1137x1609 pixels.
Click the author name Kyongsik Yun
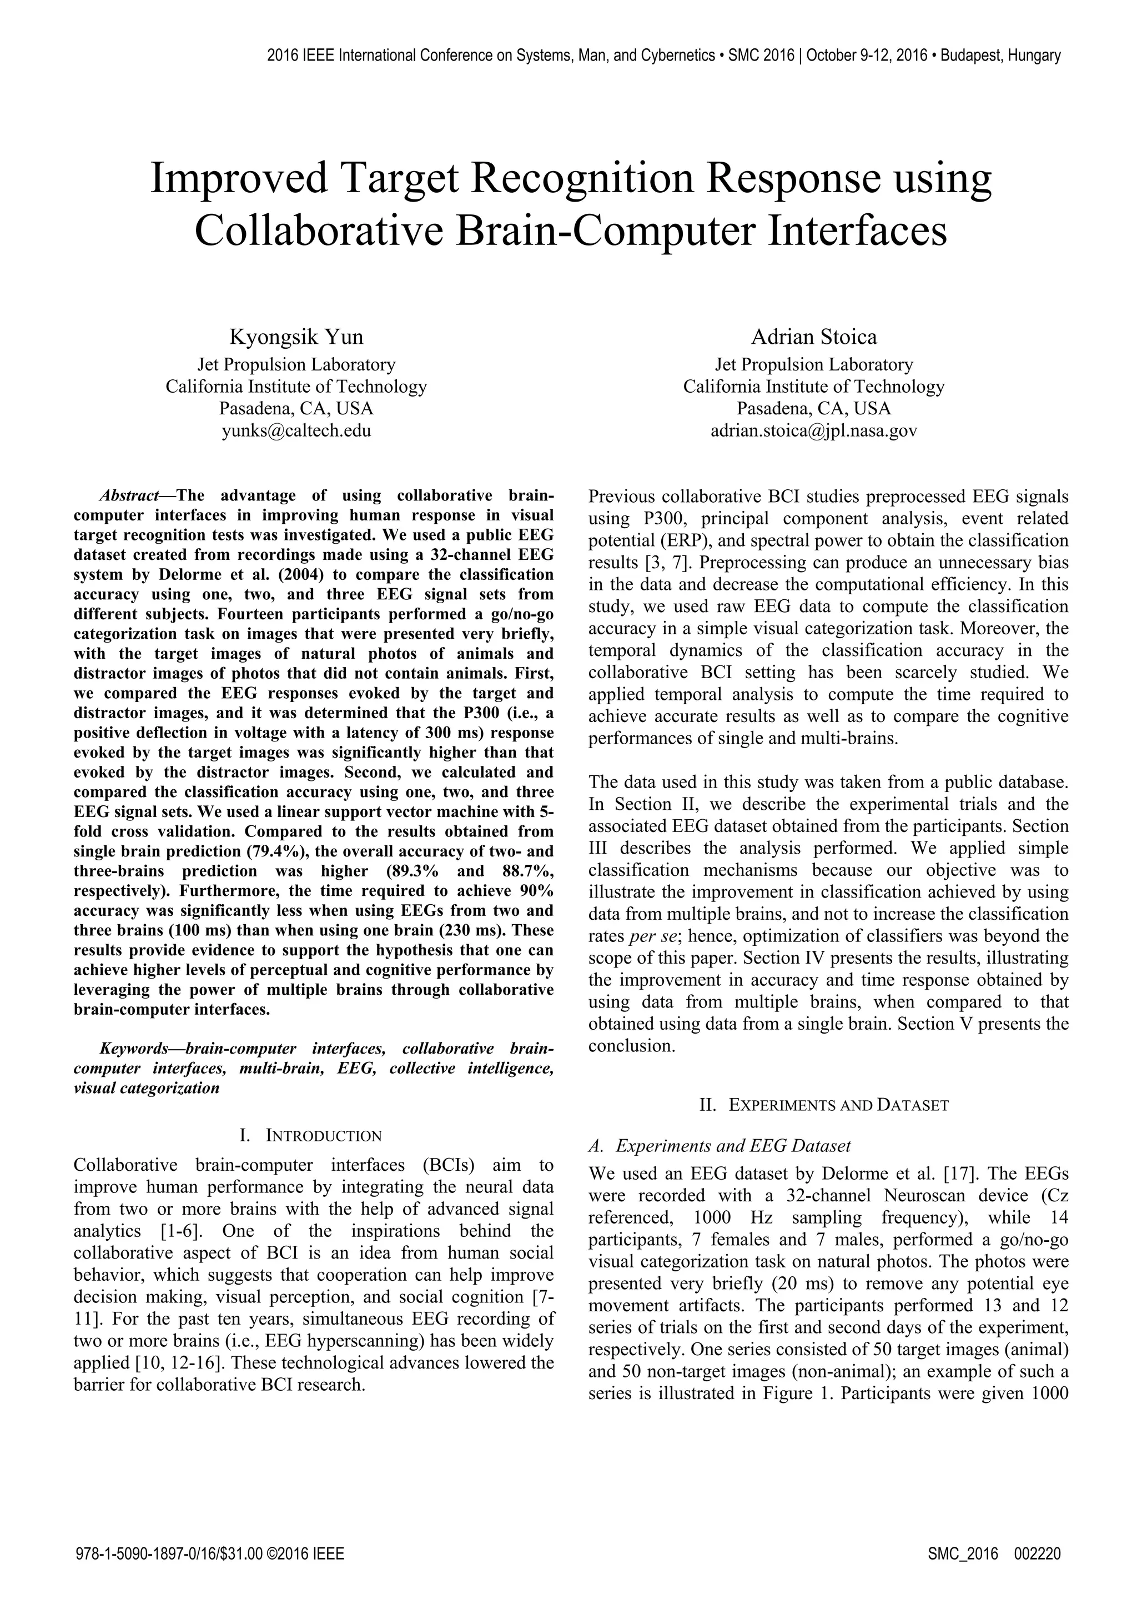[x=296, y=337]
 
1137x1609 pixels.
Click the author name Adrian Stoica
[x=813, y=337]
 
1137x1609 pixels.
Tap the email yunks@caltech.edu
[x=296, y=430]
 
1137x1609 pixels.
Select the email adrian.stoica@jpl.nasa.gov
[x=813, y=430]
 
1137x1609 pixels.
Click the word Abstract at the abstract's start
[x=129, y=496]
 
